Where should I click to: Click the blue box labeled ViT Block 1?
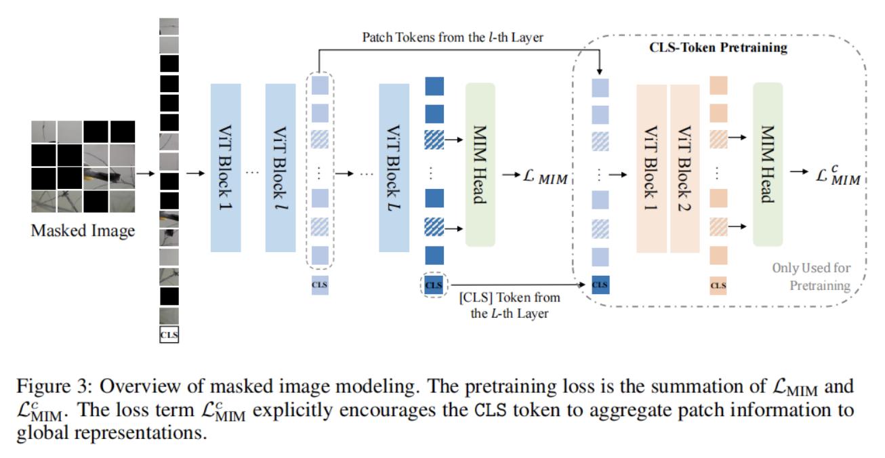[226, 167]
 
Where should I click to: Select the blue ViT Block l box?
[281, 167]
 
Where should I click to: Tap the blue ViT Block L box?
[394, 167]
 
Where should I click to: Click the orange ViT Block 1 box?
[651, 169]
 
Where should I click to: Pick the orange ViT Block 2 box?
[684, 169]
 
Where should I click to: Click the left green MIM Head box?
[480, 165]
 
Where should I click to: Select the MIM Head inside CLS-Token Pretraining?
[767, 165]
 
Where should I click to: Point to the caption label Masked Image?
[83, 231]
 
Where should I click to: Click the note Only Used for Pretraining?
[811, 276]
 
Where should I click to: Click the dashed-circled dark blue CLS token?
[434, 285]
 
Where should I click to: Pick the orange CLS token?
[718, 285]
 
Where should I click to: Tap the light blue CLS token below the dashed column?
[320, 285]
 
